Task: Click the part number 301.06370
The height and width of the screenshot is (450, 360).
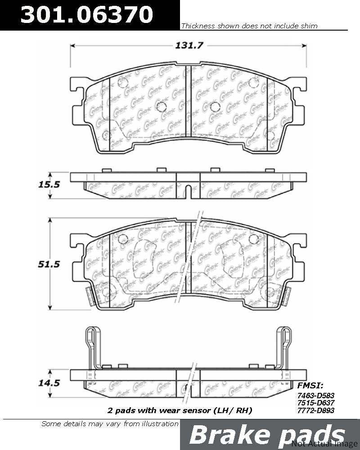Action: click(88, 15)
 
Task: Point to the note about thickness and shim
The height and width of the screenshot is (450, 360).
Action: click(249, 26)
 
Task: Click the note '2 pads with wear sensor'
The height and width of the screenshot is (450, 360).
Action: click(180, 410)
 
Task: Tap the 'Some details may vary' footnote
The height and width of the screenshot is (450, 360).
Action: click(110, 423)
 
